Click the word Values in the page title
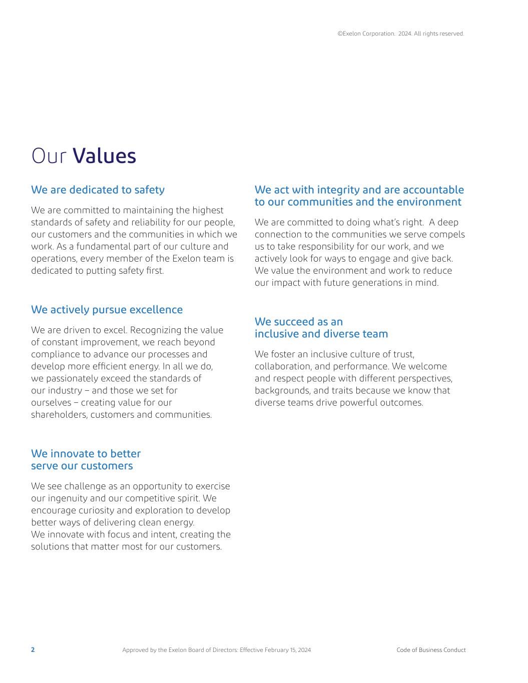pyautogui.click(x=104, y=156)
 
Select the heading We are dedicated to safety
pyautogui.click(x=98, y=190)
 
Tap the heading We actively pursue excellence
pyautogui.click(x=107, y=310)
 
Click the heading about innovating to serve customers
pyautogui.click(x=86, y=460)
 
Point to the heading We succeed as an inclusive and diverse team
pyautogui.click(x=321, y=328)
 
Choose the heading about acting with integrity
pyautogui.click(x=359, y=196)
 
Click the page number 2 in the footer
pyautogui.click(x=33, y=650)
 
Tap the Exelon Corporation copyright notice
pyautogui.click(x=400, y=34)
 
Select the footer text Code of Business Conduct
pyautogui.click(x=431, y=650)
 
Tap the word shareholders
pyautogui.click(x=59, y=414)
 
